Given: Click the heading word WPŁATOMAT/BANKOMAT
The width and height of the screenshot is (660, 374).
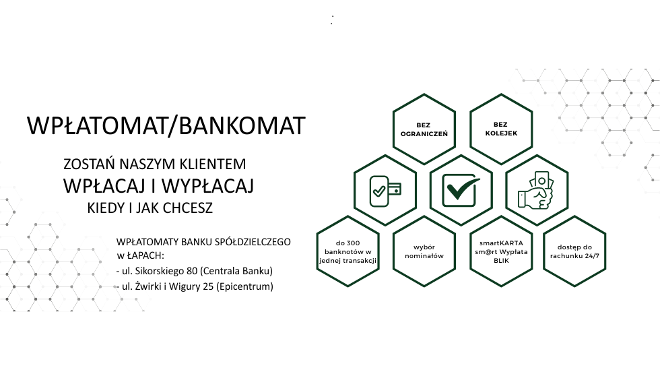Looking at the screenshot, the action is click(x=166, y=125).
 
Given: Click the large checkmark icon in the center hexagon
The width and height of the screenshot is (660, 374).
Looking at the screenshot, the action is click(x=461, y=190).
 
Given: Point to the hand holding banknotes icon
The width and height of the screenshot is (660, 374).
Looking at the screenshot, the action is click(x=536, y=190).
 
